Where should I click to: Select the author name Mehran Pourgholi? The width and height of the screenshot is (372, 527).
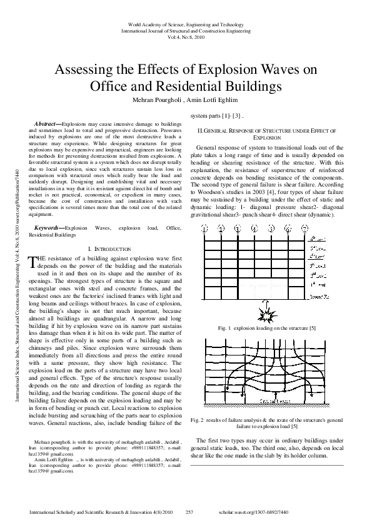[154, 100]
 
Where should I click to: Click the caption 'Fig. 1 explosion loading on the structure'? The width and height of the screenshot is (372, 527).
[267, 328]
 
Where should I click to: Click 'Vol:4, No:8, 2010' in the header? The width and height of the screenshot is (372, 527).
[186, 37]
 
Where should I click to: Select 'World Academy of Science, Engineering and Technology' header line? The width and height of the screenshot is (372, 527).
[186, 23]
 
